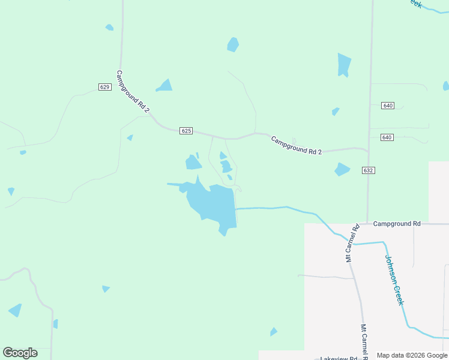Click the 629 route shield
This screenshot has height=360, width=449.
105,87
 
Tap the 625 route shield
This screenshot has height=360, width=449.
186,131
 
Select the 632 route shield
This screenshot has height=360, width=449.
369,170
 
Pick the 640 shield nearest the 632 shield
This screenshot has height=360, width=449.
387,137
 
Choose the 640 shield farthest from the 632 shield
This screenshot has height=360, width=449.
387,106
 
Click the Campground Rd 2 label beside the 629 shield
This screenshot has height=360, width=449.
133,91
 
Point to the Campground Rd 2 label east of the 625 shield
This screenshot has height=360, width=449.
296,145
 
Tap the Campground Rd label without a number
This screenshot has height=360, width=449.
397,224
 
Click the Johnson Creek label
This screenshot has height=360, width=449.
394,280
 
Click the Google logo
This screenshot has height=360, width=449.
20,353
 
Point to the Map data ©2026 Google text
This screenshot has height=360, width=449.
412,355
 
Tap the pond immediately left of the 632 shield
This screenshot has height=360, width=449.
342,169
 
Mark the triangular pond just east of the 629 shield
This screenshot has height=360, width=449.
164,86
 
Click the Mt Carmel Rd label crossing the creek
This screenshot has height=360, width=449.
352,243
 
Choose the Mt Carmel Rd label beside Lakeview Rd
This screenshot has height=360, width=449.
364,342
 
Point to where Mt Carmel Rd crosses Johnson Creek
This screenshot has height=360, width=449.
354,244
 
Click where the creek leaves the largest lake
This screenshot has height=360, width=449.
236,209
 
